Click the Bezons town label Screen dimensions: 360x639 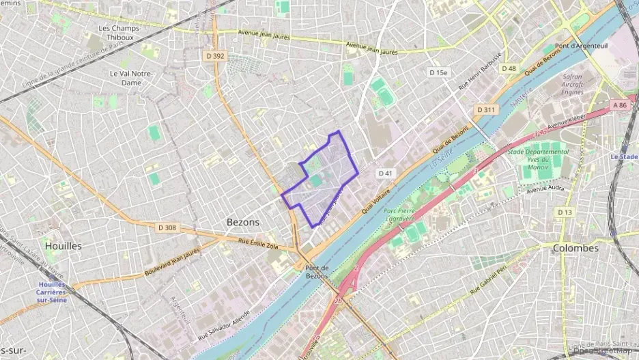click(242, 222)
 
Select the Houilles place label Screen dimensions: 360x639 click(63, 245)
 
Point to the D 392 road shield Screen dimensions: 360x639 click(215, 56)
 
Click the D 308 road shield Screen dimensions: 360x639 click(167, 227)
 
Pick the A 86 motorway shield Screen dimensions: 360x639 click(619, 105)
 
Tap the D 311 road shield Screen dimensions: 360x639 click(487, 109)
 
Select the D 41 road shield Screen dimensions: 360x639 click(386, 174)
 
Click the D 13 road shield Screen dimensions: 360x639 click(565, 212)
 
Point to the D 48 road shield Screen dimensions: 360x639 click(509, 68)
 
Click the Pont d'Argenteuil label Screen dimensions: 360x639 click(577, 46)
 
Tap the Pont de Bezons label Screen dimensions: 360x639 click(317, 271)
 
